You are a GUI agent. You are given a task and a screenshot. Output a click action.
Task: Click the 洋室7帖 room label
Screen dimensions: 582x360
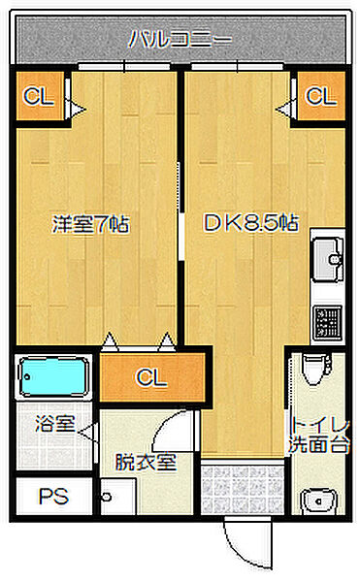tap(90, 224)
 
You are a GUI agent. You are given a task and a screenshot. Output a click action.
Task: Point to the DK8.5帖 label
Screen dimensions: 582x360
tap(249, 224)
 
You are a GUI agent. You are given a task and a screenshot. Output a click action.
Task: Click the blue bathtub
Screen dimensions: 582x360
tap(53, 376)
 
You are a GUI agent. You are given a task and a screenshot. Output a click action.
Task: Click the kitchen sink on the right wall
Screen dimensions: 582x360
tap(328, 258)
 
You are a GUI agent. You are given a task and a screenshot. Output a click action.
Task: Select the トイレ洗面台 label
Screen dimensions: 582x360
tap(319, 437)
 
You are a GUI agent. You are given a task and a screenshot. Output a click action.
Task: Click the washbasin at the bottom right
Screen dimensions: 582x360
tap(316, 501)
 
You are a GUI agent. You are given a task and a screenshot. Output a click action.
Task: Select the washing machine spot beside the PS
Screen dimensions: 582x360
tap(120, 497)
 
